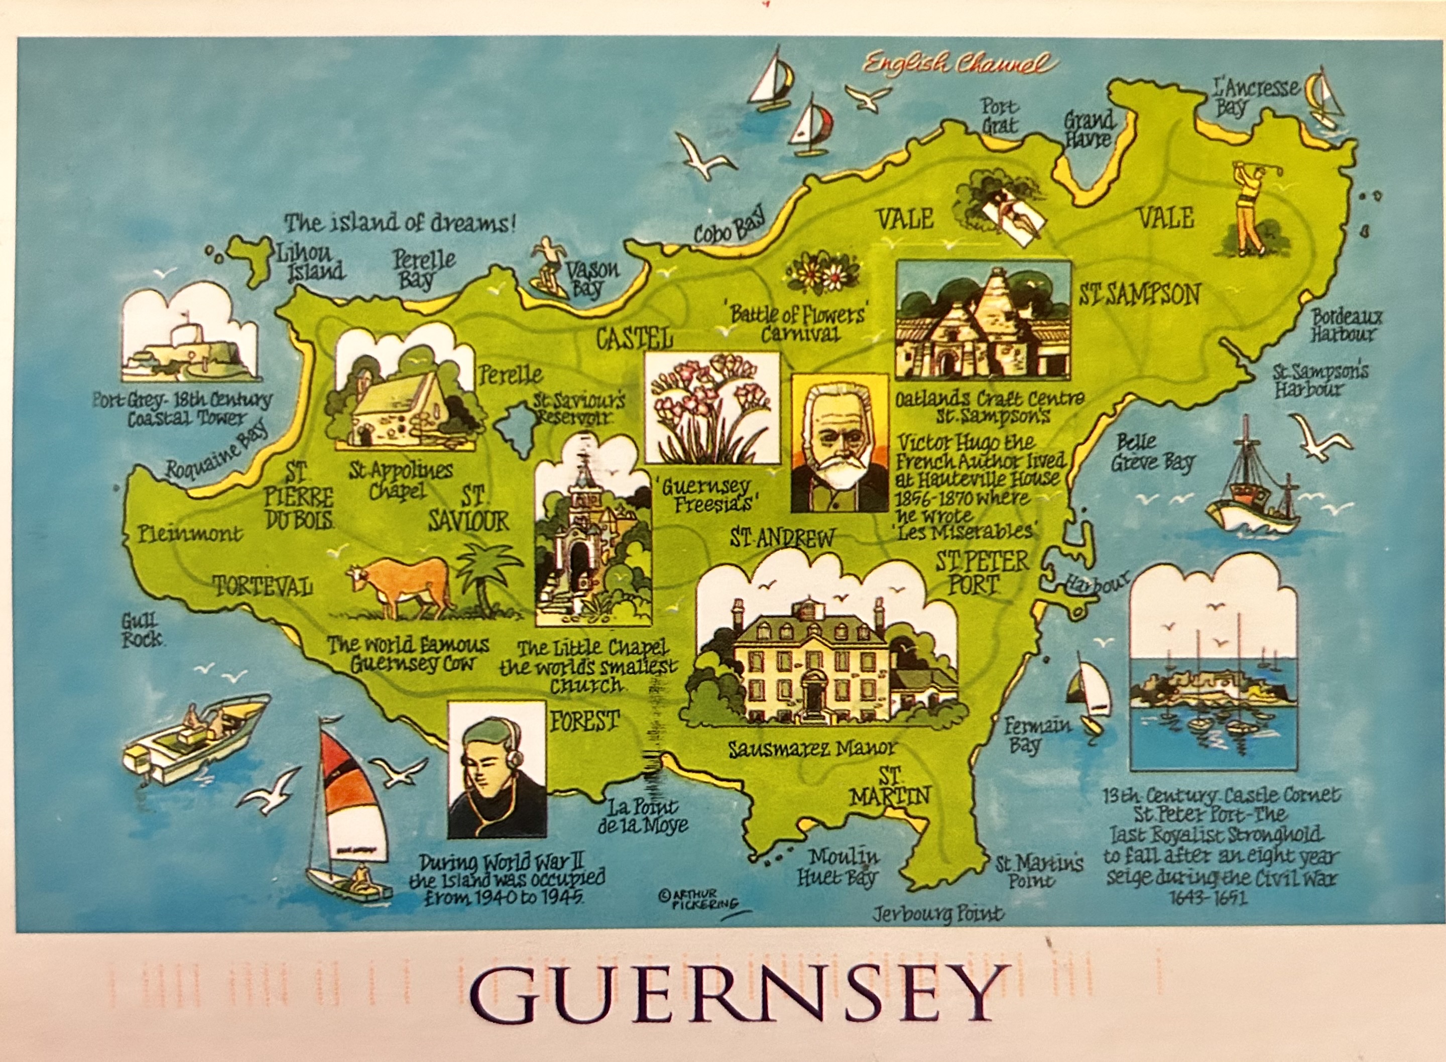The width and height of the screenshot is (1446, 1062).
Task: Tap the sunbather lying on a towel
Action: (x=1012, y=215)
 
